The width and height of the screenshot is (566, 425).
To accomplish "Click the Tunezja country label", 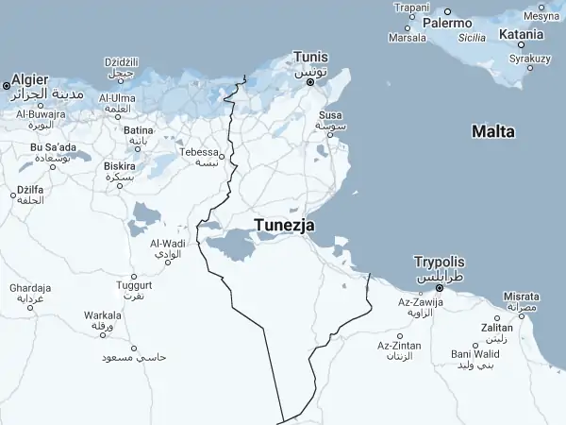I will (x=284, y=226).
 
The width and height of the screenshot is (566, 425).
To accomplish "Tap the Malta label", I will (x=493, y=132).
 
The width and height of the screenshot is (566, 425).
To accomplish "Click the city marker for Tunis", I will (x=310, y=82).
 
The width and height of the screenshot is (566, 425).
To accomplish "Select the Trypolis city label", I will (x=440, y=262).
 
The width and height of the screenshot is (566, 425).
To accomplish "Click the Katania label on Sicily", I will (x=522, y=34).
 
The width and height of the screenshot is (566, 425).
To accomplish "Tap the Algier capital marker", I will (x=7, y=86).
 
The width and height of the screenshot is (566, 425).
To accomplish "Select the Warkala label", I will (x=102, y=314).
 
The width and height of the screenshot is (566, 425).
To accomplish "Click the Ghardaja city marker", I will (x=24, y=299).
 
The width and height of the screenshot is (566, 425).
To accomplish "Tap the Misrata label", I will (x=522, y=296).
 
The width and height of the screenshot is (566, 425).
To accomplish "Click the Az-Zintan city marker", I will (x=400, y=335).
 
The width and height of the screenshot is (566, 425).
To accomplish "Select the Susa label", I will (x=331, y=115).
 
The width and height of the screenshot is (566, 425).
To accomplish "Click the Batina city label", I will (x=139, y=129).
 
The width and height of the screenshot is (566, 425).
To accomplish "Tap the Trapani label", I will (x=411, y=8).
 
